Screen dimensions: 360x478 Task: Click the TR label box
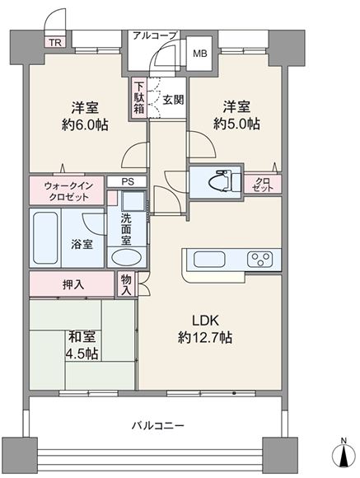55,42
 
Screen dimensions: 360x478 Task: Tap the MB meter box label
200,54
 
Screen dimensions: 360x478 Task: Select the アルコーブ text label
155,35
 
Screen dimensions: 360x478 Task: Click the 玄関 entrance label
173,100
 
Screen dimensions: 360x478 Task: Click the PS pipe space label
128,181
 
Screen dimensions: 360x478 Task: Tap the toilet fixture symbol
225,182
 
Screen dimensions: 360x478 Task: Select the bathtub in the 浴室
45,238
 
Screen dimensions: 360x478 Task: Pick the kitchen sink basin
209,259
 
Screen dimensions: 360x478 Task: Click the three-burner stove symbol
259,259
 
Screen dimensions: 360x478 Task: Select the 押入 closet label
73,284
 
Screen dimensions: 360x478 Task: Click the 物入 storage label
126,284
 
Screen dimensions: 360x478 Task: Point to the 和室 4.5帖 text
82,345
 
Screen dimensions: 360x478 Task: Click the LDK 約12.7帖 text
205,329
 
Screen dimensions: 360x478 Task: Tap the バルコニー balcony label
158,425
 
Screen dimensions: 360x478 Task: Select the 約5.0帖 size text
236,124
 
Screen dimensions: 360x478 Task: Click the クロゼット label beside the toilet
263,185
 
